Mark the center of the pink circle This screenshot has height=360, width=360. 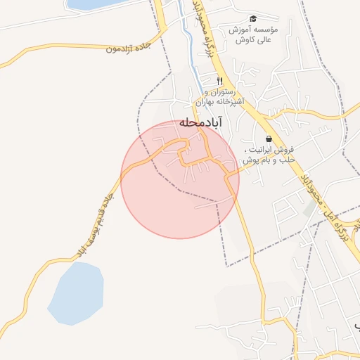180,179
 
